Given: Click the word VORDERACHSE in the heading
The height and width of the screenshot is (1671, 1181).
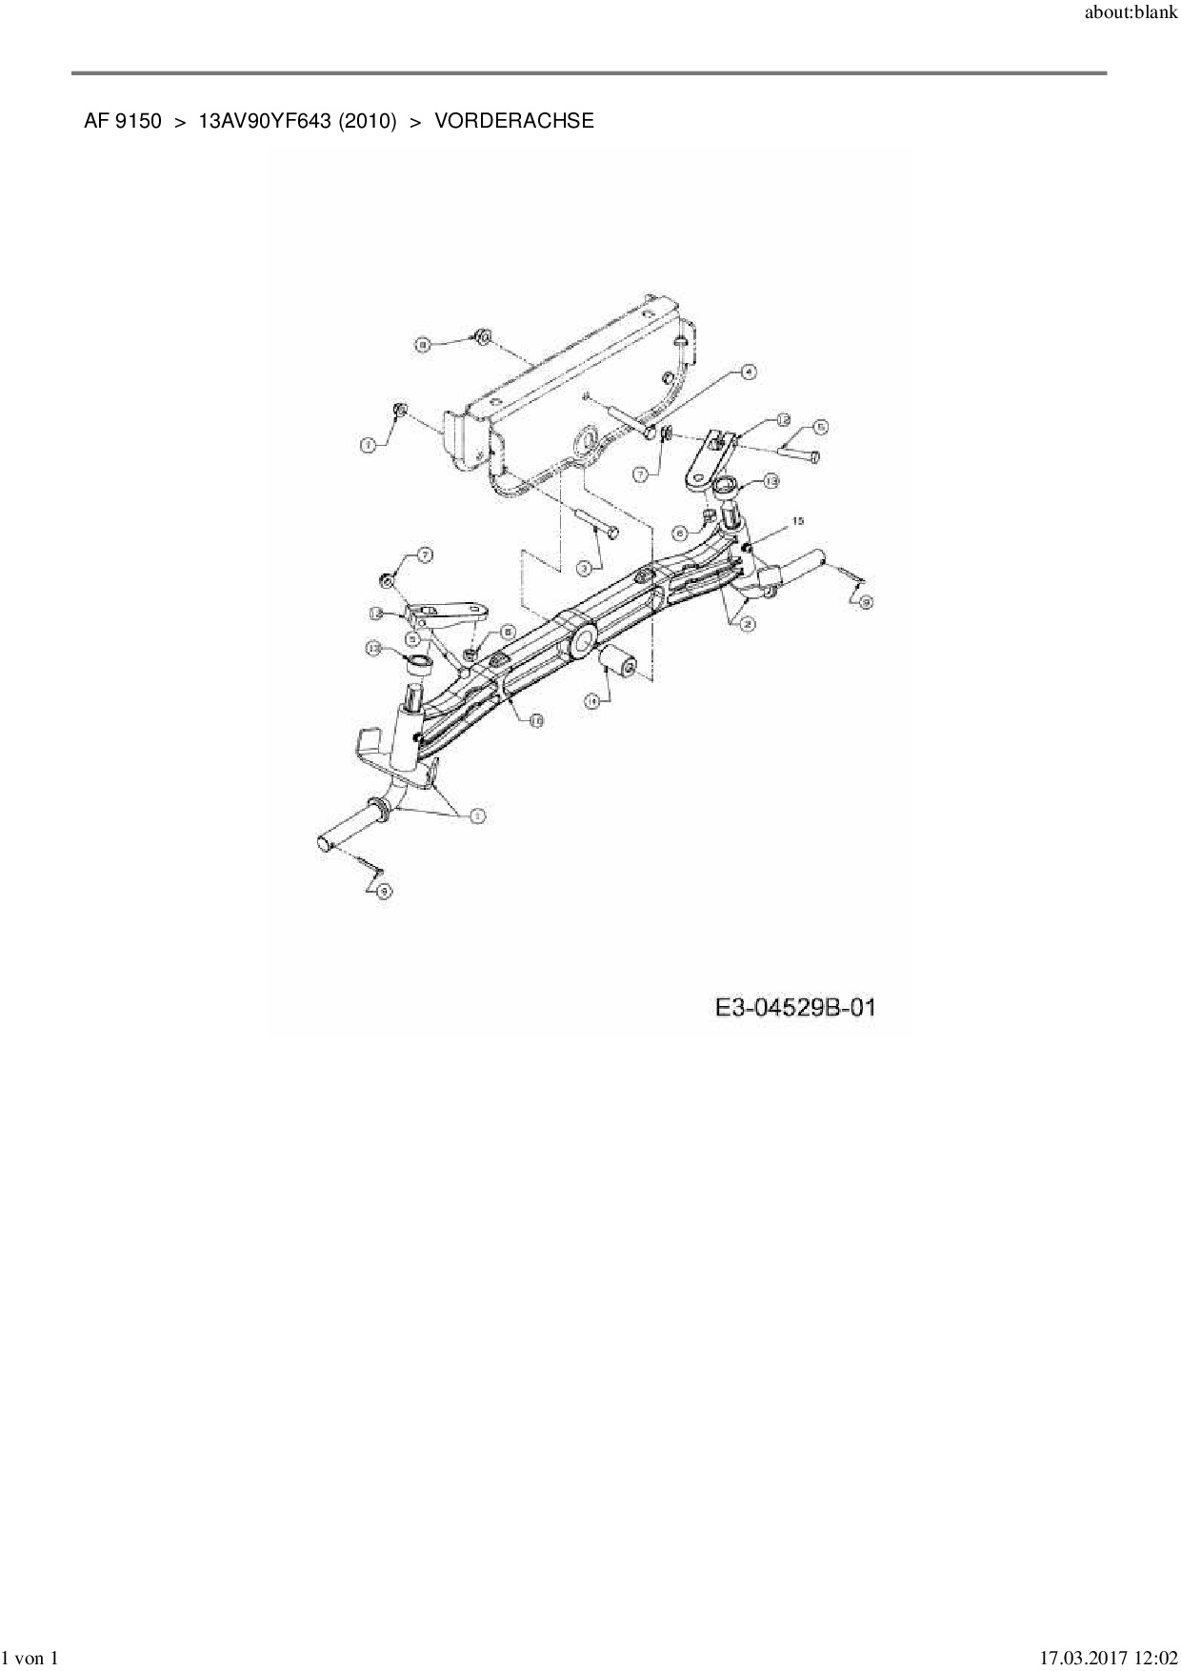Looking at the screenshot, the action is pos(514,121).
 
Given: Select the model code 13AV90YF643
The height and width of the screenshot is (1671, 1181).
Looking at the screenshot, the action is pos(264,121).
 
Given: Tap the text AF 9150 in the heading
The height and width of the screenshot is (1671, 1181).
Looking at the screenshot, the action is pos(123,121).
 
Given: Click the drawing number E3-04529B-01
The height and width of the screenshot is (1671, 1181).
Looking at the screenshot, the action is pos(796,1008).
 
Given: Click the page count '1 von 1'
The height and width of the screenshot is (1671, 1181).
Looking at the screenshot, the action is pos(32,1659).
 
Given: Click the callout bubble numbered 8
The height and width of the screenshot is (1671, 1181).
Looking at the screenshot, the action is pos(423,344).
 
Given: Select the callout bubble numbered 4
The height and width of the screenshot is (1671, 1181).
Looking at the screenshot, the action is pos(749,373).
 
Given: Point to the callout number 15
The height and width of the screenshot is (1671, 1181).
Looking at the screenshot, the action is pos(797,521).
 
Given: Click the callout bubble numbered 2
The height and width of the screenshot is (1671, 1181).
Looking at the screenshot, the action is pos(749,624).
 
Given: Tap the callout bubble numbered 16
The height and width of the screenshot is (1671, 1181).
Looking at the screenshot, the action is pos(536,721).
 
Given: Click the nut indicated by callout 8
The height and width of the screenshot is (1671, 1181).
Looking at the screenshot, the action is pos(483,335).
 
